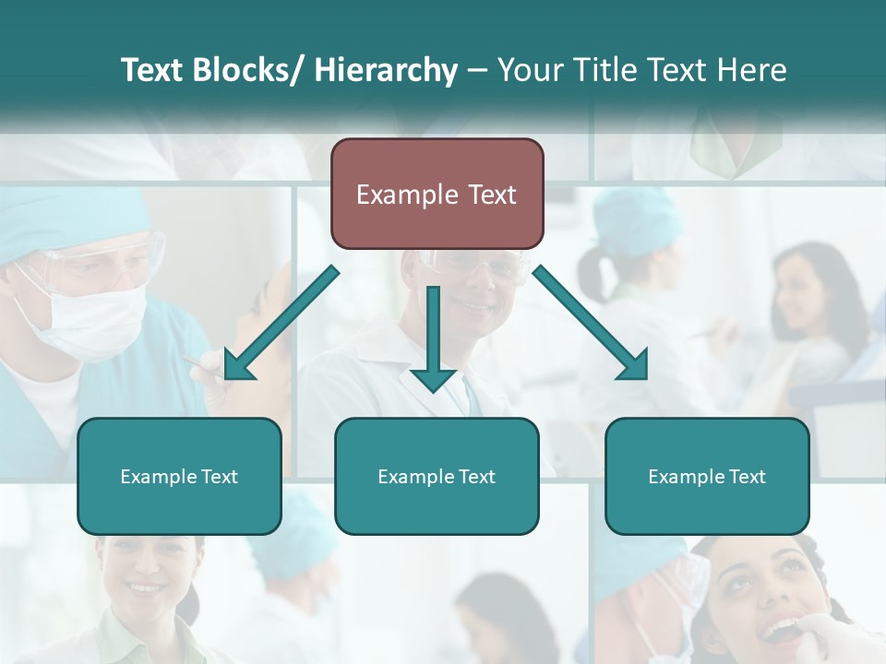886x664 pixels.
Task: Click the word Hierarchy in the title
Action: (386, 70)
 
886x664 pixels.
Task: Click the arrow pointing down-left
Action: (281, 322)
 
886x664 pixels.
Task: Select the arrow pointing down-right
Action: (591, 322)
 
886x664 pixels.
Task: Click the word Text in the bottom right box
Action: (747, 477)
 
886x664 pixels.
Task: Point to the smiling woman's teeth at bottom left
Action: (143, 587)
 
